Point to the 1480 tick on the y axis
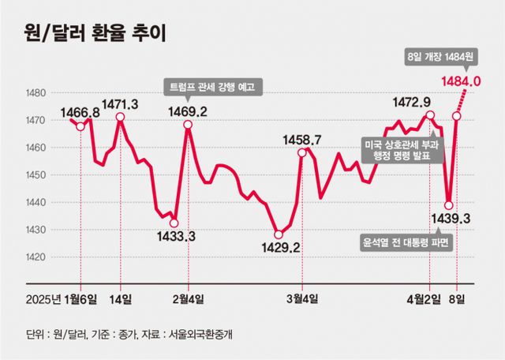[x=37, y=93]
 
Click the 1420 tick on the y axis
[x=37, y=257]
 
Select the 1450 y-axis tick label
[x=37, y=175]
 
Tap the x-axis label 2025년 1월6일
[x=61, y=298]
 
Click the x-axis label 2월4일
[x=188, y=298]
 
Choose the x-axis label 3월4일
[x=302, y=298]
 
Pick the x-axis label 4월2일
[x=430, y=298]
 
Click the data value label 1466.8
[x=80, y=113]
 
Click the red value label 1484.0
[x=462, y=81]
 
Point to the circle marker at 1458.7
[x=302, y=152]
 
